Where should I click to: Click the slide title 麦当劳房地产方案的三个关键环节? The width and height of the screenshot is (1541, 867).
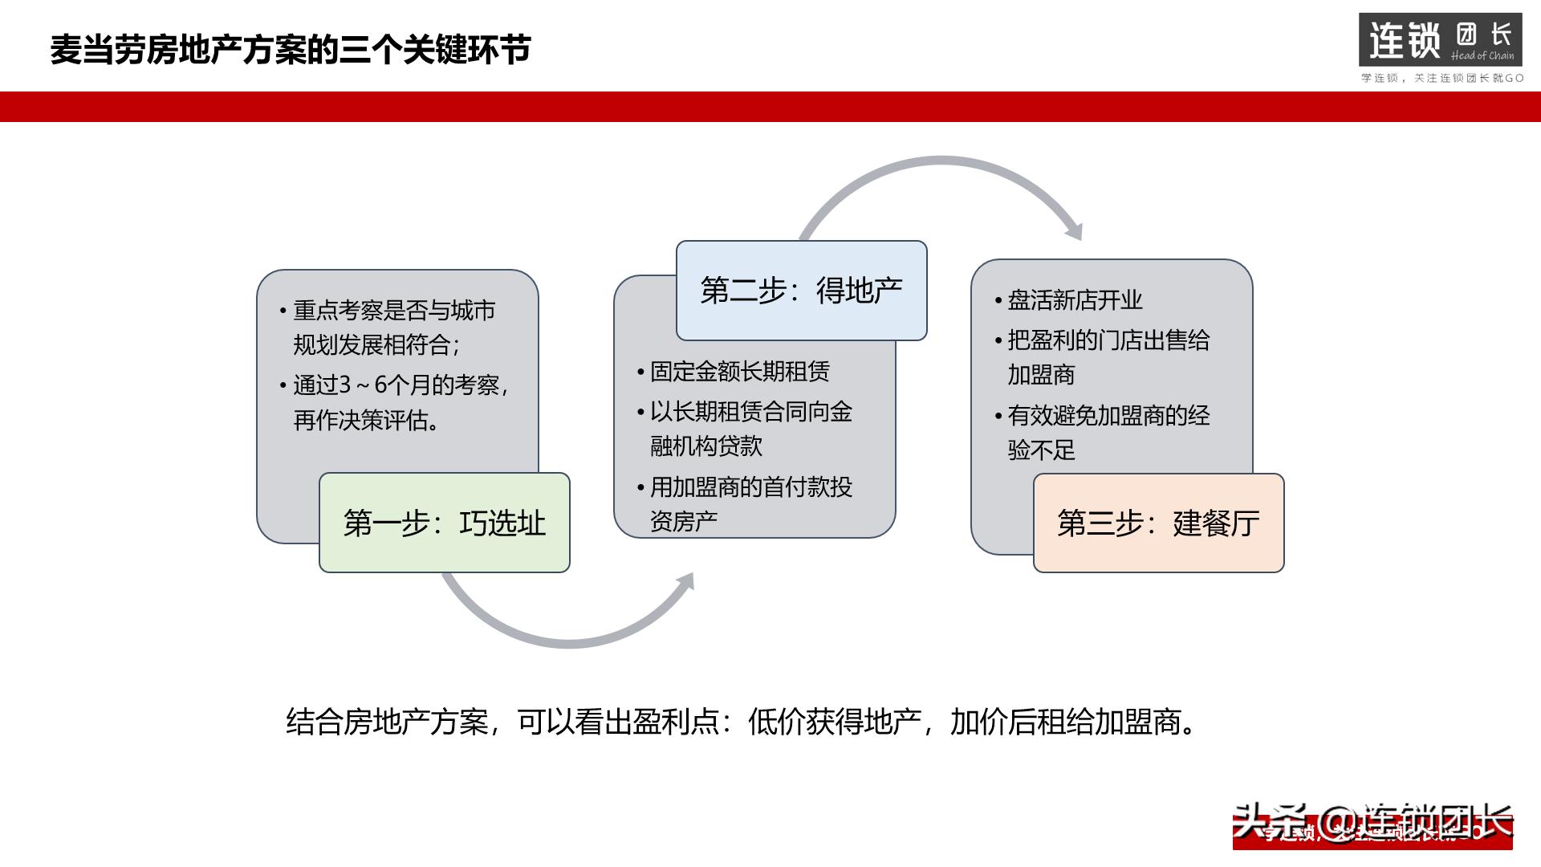(x=290, y=50)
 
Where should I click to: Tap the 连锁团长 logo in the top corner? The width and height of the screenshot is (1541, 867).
(x=1440, y=39)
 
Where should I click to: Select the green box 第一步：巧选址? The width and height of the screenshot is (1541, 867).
(x=444, y=523)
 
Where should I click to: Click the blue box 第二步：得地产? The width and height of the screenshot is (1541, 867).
(x=801, y=291)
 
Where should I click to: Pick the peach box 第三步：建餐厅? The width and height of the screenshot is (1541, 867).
(x=1157, y=523)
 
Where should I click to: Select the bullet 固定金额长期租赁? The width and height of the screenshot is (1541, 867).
(x=739, y=372)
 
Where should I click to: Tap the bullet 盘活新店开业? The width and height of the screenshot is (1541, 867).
(x=1074, y=300)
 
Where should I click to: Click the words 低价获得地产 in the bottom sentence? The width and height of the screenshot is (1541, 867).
(x=833, y=722)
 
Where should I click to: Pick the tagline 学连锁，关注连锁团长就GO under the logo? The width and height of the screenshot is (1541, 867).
(x=1441, y=78)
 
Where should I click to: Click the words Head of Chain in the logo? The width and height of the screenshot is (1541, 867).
(x=1482, y=55)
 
